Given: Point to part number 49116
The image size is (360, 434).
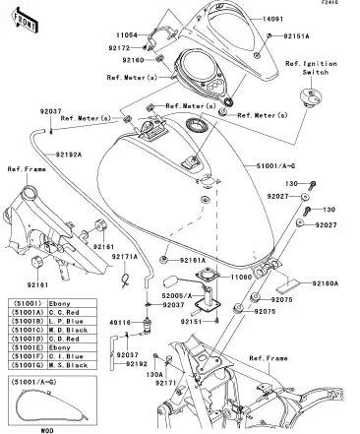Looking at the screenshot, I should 121,321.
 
